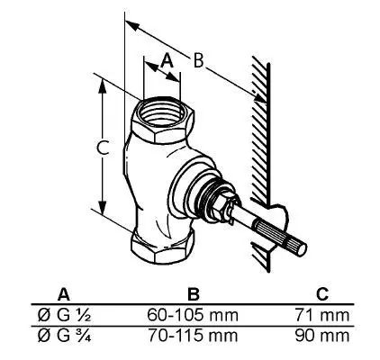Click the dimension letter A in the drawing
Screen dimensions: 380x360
point(167,60)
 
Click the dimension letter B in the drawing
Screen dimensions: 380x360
point(198,61)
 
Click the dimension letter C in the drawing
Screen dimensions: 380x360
point(103,148)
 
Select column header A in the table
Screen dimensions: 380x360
point(64,294)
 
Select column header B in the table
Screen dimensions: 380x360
point(193,294)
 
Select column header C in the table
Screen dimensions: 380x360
point(322,294)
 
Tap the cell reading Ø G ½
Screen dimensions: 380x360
point(64,315)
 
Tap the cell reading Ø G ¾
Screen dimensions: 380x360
point(64,336)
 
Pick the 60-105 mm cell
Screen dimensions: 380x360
point(193,315)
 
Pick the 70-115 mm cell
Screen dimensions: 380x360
point(193,336)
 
